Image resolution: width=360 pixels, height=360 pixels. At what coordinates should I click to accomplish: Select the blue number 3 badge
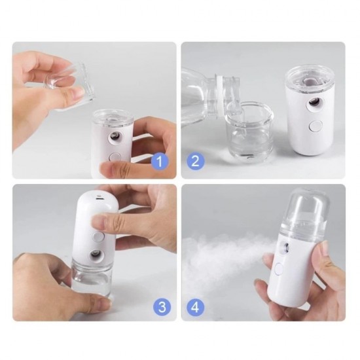pyautogui.click(x=162, y=306)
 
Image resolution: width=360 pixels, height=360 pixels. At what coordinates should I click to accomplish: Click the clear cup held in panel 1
pyautogui.click(x=72, y=84)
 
